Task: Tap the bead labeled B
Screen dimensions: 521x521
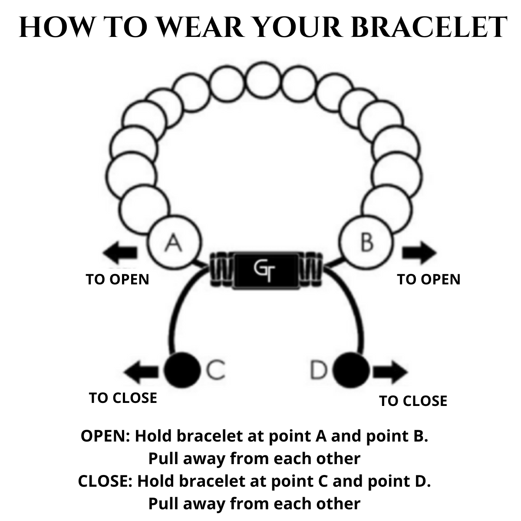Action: (366, 241)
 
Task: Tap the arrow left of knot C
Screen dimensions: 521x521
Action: (142, 372)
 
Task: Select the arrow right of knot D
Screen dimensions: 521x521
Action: (390, 372)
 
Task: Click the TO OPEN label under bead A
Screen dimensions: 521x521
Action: (118, 279)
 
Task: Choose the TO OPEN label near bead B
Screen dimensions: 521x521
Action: (429, 279)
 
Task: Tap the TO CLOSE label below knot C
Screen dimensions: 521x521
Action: (123, 398)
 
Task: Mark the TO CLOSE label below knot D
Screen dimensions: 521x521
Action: (413, 401)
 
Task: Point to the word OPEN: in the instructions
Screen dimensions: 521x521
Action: (106, 436)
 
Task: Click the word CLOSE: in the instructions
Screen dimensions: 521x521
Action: (105, 481)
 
